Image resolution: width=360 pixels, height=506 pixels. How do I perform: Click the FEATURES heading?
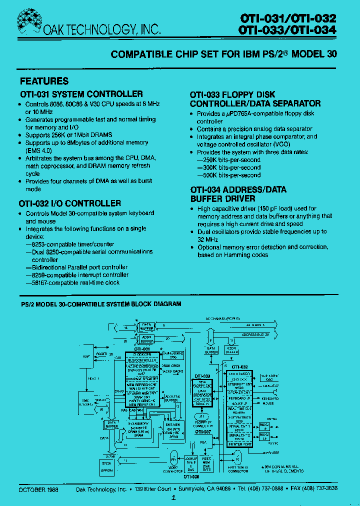pos(44,81)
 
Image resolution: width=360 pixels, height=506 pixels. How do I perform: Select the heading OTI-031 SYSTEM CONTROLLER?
pos(81,94)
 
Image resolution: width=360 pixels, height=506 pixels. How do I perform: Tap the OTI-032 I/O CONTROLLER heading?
pos(70,203)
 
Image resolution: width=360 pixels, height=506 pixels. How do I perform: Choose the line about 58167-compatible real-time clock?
pos(72,282)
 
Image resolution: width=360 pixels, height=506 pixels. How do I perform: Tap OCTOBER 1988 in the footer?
pos(39,489)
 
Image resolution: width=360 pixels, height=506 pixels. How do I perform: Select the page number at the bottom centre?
pos(173,498)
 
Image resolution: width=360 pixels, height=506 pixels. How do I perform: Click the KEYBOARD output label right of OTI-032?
pos(270,398)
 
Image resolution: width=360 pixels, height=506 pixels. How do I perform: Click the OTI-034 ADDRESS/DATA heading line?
pos(238,190)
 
